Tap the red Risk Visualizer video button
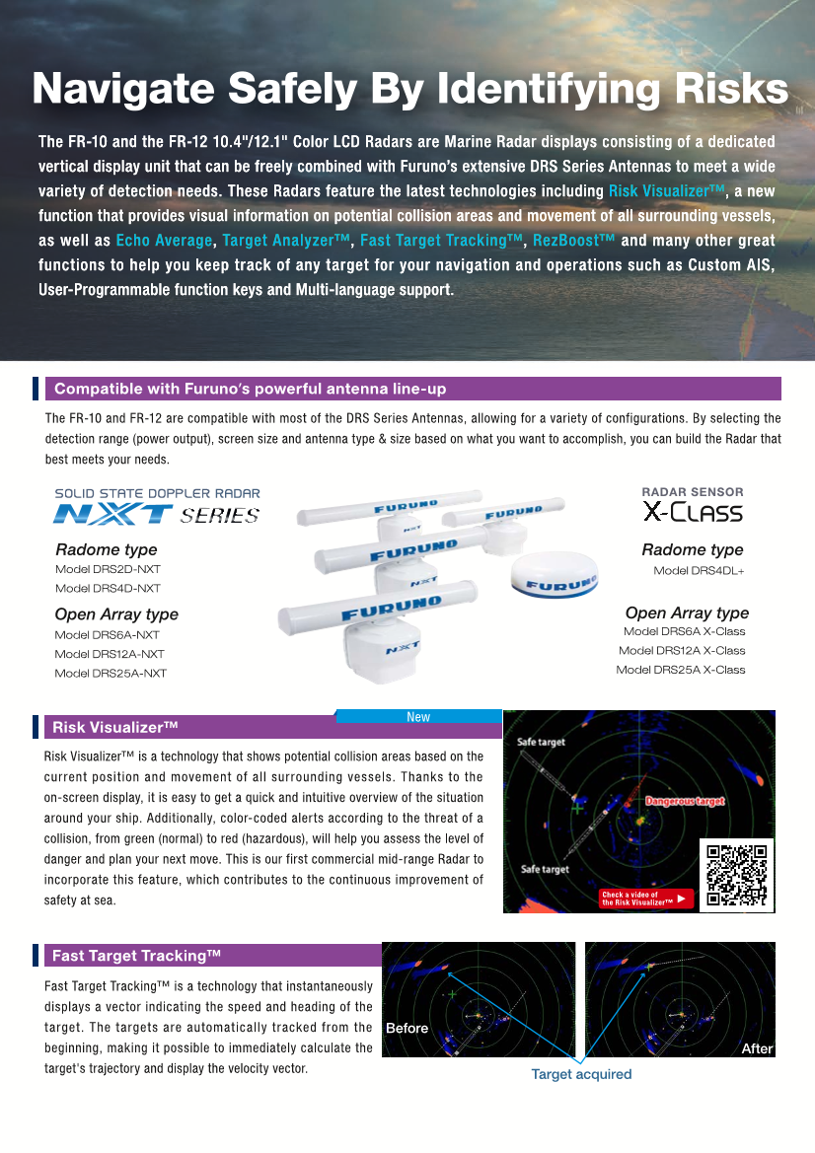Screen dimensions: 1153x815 646,899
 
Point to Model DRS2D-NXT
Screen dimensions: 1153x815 108,569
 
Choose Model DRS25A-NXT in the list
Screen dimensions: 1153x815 111,673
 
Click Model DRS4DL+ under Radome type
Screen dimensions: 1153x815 699,571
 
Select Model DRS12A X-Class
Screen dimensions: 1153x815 682,650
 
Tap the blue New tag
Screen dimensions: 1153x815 418,717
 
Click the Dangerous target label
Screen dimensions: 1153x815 685,801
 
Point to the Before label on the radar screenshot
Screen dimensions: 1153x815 407,1028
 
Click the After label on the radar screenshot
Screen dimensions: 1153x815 757,1048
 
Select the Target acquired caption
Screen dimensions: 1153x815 581,1074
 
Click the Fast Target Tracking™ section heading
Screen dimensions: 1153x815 136,955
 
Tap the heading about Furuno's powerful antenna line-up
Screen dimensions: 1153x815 250,389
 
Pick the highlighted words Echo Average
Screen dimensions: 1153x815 164,241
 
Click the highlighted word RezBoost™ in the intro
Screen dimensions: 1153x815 573,241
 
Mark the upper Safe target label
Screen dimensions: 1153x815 542,742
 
